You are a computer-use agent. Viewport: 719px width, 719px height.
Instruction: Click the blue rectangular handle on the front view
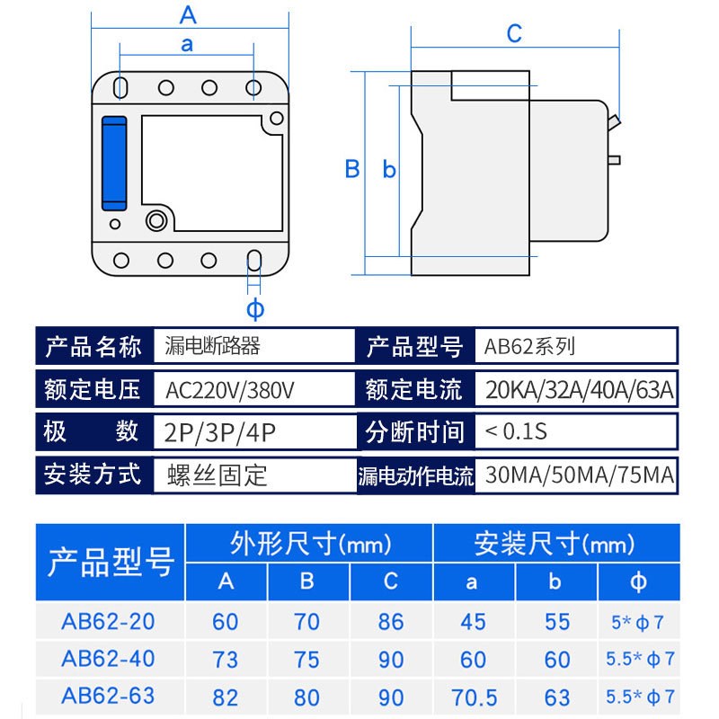tap(114, 163)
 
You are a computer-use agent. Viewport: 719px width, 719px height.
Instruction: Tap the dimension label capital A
tap(188, 15)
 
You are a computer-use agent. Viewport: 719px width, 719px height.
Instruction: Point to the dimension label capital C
tap(514, 33)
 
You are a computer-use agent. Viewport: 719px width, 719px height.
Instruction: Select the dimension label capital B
tap(352, 169)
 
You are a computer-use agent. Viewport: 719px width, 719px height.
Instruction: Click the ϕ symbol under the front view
tap(255, 310)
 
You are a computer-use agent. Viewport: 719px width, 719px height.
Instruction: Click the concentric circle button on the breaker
tap(157, 220)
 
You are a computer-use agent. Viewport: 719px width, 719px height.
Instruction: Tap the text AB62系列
tap(529, 346)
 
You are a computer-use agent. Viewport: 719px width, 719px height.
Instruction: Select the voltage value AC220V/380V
tap(231, 390)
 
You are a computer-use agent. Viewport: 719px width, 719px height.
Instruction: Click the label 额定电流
tap(413, 390)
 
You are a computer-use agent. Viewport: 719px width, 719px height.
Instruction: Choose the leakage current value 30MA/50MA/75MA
tap(579, 475)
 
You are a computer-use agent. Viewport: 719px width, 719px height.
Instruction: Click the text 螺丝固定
tap(217, 475)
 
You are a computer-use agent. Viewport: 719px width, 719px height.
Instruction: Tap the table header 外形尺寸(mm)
tap(308, 544)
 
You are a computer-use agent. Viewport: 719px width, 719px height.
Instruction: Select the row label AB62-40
tap(108, 659)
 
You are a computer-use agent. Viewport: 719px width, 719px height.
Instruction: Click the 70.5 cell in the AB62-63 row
tap(473, 697)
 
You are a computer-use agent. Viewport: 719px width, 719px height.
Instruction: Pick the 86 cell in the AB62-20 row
tap(390, 621)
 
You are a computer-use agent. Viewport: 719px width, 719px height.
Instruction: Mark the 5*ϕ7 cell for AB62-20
tap(637, 622)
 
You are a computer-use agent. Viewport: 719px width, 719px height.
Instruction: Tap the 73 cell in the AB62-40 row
tap(226, 660)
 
